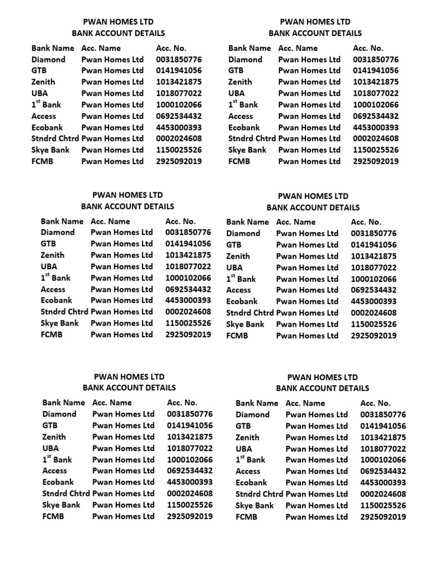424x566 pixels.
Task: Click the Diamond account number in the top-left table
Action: coord(179,59)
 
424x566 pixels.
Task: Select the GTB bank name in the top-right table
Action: coord(235,71)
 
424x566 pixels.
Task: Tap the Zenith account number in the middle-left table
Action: coord(188,255)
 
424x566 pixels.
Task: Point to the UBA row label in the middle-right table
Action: coord(235,268)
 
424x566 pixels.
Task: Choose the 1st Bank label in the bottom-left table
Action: coord(57,459)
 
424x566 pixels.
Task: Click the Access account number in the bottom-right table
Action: coord(383,471)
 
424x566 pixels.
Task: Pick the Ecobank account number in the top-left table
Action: coord(179,127)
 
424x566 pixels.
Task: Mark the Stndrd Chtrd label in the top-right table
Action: coord(252,139)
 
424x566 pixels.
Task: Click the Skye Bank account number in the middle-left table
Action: coord(188,323)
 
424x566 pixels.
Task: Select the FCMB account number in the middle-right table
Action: coord(373,336)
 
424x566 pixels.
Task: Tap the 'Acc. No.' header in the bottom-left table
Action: coord(182,402)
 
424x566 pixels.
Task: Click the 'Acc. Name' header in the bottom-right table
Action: coord(305,403)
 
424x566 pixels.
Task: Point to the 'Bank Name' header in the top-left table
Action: coord(52,48)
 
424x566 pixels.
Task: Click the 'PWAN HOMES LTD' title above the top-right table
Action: coord(315,22)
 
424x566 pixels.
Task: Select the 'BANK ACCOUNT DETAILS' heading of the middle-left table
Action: coord(128,206)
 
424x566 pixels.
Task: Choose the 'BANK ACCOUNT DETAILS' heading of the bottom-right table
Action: coord(322,388)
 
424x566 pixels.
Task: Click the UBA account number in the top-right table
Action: coord(375,93)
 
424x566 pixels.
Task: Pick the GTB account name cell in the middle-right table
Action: coord(307,245)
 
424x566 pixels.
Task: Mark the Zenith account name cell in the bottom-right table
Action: coord(316,437)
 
